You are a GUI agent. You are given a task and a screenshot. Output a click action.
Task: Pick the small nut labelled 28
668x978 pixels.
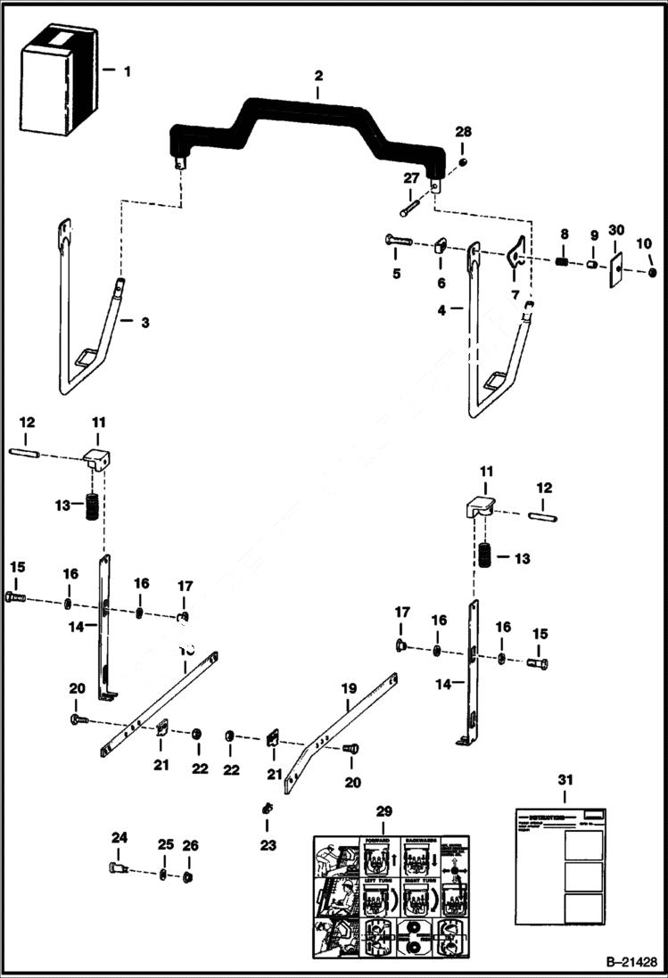pyautogui.click(x=463, y=160)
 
